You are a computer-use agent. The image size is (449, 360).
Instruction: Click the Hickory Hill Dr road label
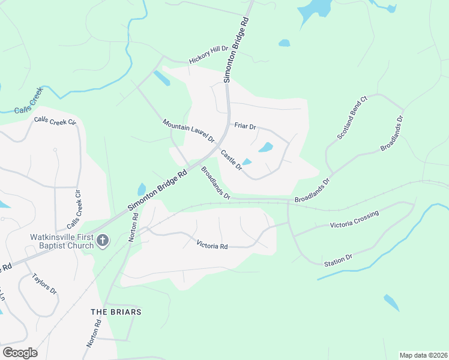pyautogui.click(x=208, y=55)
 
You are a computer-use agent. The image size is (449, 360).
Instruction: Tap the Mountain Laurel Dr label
pyautogui.click(x=188, y=131)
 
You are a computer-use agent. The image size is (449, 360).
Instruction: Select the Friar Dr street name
pyautogui.click(x=245, y=127)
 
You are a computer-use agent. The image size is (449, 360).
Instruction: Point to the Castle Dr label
pyautogui.click(x=231, y=160)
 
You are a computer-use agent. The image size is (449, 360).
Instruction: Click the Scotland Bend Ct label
pyautogui.click(x=352, y=118)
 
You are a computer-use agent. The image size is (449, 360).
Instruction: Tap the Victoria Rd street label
pyautogui.click(x=212, y=245)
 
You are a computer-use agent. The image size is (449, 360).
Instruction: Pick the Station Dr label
pyautogui.click(x=338, y=260)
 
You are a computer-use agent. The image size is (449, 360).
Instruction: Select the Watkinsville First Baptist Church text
pyautogui.click(x=62, y=241)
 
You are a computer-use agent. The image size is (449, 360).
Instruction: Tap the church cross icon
pyautogui.click(x=103, y=241)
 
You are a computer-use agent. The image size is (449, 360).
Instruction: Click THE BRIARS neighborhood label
pyautogui.click(x=116, y=312)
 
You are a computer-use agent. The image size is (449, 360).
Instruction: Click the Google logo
pyautogui.click(x=19, y=353)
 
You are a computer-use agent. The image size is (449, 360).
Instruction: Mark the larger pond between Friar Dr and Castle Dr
pyautogui.click(x=265, y=147)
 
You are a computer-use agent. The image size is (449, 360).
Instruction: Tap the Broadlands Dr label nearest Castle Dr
pyautogui.click(x=215, y=182)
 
